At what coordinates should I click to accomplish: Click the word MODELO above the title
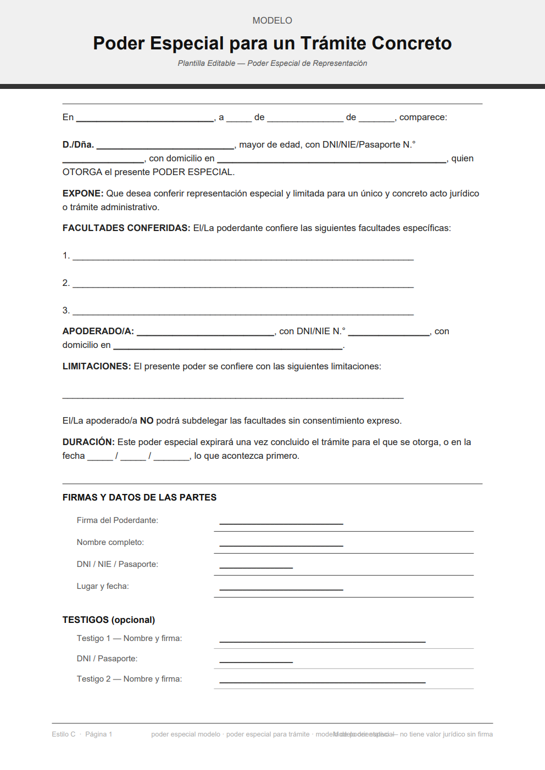pos(272,20)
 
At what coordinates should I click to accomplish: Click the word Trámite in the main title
pos(333,43)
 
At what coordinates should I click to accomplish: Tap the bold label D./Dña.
pos(78,145)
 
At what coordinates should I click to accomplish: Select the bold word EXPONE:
pos(83,194)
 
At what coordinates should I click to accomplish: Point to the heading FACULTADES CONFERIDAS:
pos(126,228)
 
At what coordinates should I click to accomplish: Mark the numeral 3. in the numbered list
pos(66,311)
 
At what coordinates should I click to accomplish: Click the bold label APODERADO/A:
pos(98,331)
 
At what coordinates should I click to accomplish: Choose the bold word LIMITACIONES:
pos(97,367)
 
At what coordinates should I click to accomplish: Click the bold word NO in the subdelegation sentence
pos(147,421)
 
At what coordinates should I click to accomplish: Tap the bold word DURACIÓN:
pos(88,442)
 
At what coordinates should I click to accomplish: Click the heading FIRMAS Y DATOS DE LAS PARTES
pos(140,498)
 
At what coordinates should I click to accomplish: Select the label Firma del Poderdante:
pos(117,520)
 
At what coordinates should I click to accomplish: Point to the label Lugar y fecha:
pos(103,586)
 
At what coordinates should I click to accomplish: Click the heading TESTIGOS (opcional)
pos(109,620)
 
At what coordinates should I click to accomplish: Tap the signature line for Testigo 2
pos(322,681)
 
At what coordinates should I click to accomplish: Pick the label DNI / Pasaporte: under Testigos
pos(107,659)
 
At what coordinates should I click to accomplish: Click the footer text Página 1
pos(98,734)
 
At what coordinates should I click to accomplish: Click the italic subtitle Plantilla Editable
pos(207,64)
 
